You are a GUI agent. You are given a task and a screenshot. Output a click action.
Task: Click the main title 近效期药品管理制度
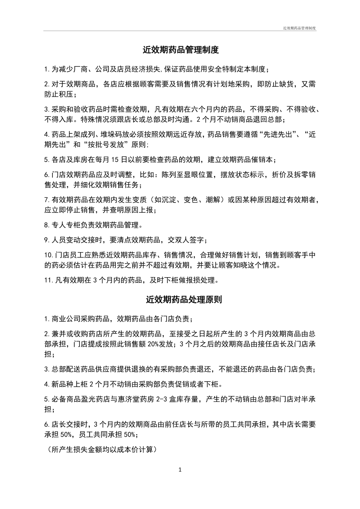click(180, 50)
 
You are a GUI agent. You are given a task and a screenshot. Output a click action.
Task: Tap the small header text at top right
click(299, 28)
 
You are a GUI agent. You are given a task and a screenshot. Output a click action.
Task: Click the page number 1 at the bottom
click(180, 470)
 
